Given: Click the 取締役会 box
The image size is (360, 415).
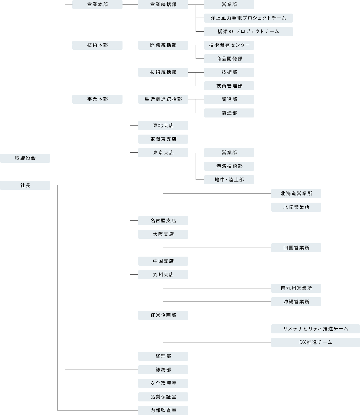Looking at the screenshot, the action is (x=25, y=158).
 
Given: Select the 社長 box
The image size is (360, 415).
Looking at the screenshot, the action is (x=25, y=185).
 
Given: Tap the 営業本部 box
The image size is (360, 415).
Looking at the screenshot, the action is (x=97, y=5).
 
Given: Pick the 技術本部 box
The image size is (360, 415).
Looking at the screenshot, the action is (x=97, y=45).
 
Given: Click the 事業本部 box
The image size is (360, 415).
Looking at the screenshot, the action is (x=97, y=99).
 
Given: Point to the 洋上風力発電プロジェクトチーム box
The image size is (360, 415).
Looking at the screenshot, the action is (x=249, y=18).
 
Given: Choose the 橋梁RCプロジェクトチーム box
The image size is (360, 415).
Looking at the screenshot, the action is (x=249, y=32).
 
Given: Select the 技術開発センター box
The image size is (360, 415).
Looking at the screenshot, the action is (x=229, y=45).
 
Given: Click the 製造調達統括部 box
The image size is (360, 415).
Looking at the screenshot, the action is (x=163, y=99).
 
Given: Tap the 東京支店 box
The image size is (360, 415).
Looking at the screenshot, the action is (x=163, y=153).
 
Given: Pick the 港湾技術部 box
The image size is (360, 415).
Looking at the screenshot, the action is (x=229, y=166).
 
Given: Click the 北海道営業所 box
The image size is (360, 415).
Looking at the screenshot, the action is (x=296, y=194).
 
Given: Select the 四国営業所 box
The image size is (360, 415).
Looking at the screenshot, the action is (x=296, y=248).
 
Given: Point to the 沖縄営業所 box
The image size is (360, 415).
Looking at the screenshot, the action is (x=296, y=302).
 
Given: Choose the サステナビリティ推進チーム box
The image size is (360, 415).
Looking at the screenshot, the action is (x=316, y=329).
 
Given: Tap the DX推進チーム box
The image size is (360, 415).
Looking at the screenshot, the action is (x=316, y=342).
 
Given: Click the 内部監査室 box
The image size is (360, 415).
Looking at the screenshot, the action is (x=163, y=410).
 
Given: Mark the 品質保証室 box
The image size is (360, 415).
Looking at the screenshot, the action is (x=163, y=397).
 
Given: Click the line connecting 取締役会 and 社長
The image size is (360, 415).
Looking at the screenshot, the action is (x=25, y=172).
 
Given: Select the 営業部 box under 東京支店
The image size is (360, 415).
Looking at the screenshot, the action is (x=229, y=153).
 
